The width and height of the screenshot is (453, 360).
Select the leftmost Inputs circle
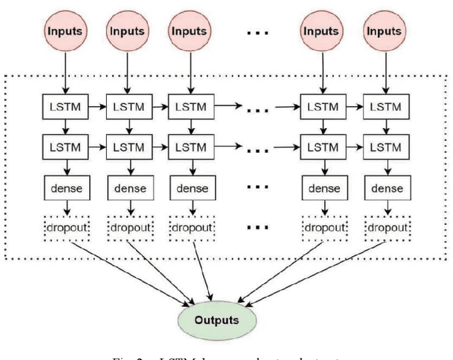coord(65,31)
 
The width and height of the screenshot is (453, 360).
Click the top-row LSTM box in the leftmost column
coord(65,108)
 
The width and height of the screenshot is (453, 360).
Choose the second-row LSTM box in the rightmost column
coord(386,148)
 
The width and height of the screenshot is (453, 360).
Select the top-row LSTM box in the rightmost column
coord(386,108)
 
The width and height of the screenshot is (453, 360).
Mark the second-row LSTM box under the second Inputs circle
coord(128,148)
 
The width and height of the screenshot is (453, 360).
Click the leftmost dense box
coord(65,188)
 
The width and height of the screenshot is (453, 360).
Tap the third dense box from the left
coord(190,188)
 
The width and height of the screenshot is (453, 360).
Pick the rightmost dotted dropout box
coord(386,228)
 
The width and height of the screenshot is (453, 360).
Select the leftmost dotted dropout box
coord(65,228)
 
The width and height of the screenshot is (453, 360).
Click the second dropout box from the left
coord(128,228)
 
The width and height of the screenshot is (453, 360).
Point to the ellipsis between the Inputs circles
coord(256,33)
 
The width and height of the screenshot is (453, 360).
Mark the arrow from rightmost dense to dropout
coord(386,208)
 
